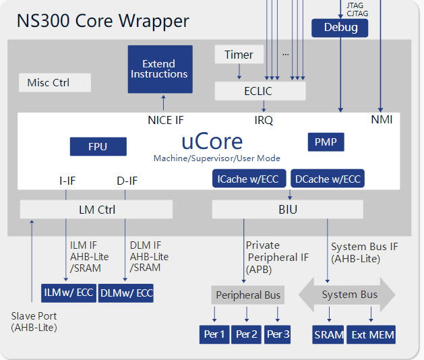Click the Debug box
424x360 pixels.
340,28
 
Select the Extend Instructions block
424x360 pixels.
159,69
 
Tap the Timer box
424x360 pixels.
239,55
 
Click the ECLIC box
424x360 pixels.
260,90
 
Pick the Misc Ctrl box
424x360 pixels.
54,83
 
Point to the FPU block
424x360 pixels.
98,147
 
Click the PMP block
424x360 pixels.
326,142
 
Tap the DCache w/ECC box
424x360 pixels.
328,179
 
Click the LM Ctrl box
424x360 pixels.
96,210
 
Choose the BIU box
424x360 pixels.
287,210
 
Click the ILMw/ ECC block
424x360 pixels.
68,293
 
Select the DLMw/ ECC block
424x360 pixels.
126,293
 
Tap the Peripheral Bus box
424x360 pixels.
248,295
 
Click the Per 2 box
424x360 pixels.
247,334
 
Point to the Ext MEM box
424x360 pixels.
371,334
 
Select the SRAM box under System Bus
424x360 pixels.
329,334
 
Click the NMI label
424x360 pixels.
382,120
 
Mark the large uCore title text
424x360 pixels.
212,141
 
